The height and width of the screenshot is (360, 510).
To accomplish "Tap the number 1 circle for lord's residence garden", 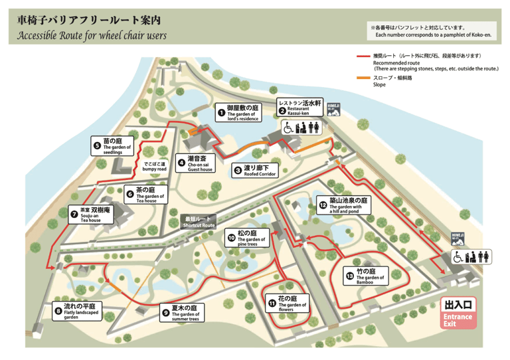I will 222,113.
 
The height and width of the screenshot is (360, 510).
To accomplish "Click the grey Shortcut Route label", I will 199,223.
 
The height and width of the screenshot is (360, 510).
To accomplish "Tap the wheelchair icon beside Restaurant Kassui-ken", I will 288,127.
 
